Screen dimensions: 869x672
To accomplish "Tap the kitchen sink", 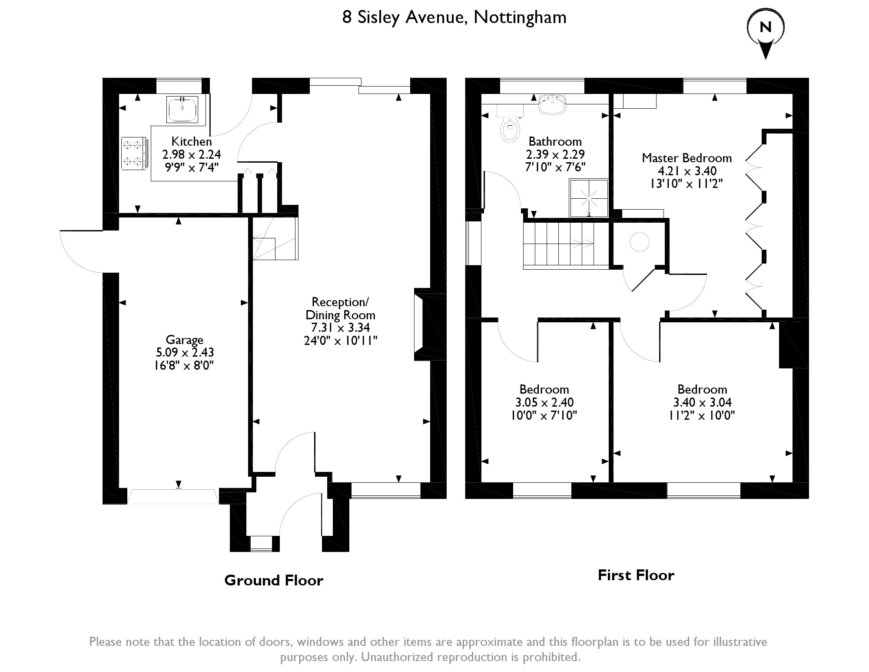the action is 182,109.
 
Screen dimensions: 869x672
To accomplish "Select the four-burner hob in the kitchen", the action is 134,153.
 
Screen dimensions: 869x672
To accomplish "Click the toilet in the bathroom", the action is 510,124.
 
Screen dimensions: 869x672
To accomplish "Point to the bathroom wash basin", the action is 552,104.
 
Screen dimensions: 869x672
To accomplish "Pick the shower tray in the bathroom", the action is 588,197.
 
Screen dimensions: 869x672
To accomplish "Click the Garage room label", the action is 184,340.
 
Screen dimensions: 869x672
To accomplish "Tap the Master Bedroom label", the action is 687,158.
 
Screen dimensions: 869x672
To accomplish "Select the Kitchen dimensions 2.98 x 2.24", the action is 192,154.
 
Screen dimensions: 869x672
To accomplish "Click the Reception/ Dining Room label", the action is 340,308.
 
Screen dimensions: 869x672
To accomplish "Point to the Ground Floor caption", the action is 274,580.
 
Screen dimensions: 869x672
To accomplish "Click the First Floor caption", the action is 636,575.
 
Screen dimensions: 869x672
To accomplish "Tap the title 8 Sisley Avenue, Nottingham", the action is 454,17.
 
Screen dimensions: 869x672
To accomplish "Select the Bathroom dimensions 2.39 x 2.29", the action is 555,154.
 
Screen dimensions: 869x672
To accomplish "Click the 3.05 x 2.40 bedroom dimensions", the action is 544,402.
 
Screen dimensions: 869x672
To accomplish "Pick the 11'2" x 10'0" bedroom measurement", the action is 702,415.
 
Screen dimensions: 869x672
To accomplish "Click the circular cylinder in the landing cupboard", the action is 640,242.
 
